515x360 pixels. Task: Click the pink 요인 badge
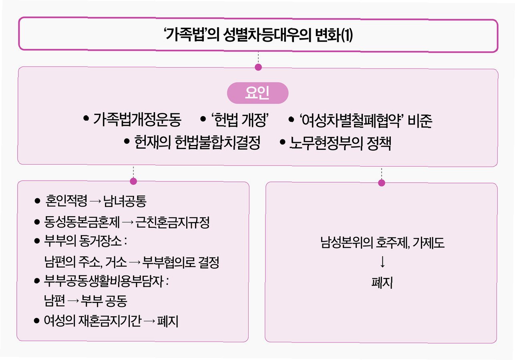coord(257,93)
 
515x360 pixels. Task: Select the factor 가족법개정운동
coord(137,120)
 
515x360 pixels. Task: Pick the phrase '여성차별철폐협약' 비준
coord(365,120)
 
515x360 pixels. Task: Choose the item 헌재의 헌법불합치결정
coord(198,143)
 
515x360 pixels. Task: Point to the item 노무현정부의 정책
coord(340,143)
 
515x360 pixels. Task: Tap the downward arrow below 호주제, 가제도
coord(382,263)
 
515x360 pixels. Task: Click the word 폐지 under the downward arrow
coord(382,283)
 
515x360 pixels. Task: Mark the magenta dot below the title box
coord(258,67)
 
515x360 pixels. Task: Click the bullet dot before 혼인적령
coord(38,201)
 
